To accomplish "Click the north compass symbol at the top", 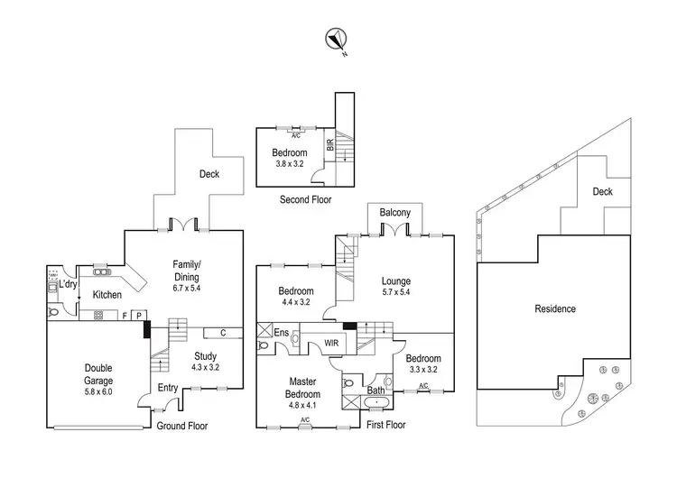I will coord(336,39).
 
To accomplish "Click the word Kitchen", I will coord(107,295).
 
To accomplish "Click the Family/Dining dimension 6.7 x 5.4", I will coord(189,289).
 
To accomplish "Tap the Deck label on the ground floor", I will coord(209,174).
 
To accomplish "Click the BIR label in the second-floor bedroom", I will coord(330,142).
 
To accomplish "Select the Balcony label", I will coord(395,213).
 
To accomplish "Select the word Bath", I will coord(376,391).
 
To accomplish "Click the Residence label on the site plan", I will coord(554,308).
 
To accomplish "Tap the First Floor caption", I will coord(387,424).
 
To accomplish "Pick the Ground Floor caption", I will coord(184,426).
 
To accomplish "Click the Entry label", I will coord(168,387).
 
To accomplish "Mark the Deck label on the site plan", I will coord(603,191).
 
